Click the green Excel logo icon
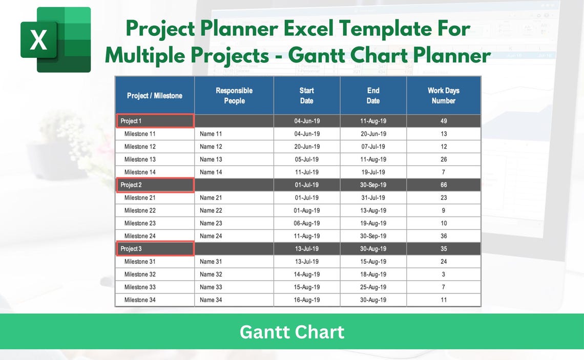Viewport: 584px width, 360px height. pos(55,39)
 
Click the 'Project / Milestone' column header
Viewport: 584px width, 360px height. pos(154,96)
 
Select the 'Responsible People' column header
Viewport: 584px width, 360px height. pos(234,96)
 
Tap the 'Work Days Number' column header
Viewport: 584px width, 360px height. pos(443,96)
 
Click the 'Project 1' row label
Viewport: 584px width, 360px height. pos(131,121)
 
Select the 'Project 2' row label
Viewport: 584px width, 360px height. pos(131,185)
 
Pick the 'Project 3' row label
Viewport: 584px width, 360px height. pos(131,249)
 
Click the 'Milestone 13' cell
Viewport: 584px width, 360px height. pos(140,159)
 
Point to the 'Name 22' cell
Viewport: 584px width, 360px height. pos(211,210)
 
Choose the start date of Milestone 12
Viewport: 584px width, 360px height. pos(306,146)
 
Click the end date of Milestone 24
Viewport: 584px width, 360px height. pos(373,236)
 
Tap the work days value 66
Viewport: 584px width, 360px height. pos(444,185)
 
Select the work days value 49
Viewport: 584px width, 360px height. pos(444,121)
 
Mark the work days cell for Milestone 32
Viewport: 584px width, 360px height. pos(444,274)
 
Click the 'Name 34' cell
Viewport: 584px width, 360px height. pos(211,300)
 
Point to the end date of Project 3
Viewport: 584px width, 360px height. pos(373,249)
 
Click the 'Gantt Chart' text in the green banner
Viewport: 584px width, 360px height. pos(292,332)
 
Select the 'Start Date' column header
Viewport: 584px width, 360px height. pos(306,96)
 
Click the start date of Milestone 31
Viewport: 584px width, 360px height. pos(306,262)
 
